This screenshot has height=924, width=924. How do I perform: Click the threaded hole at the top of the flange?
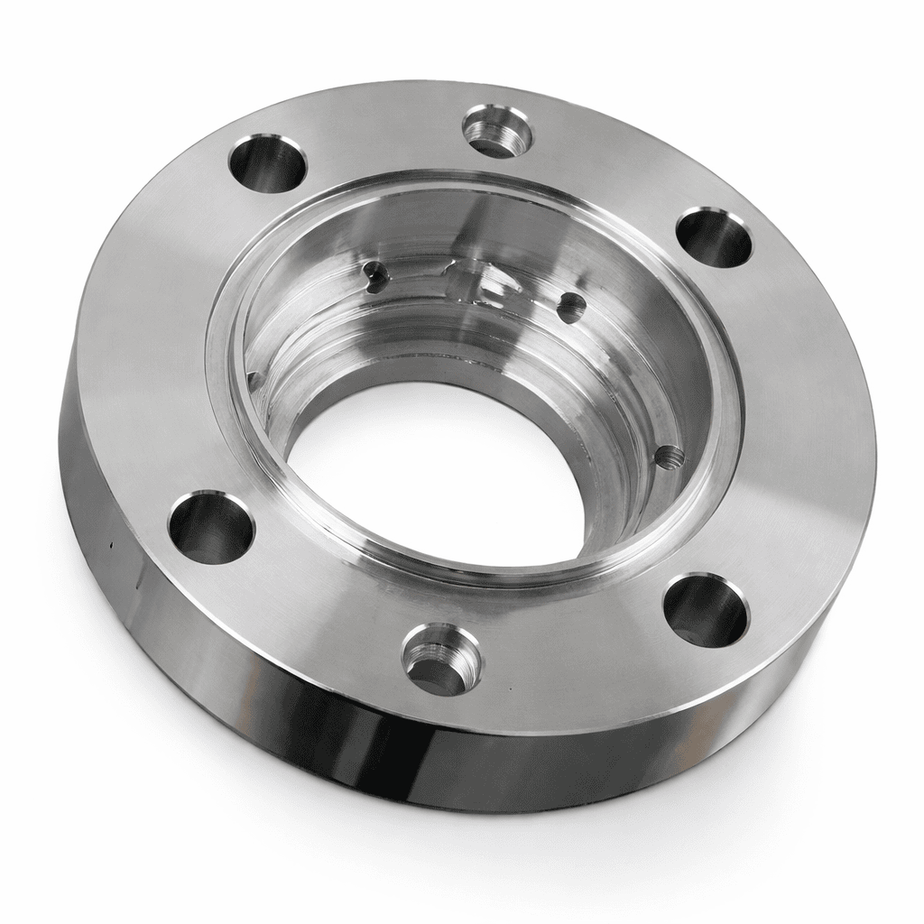coord(497,132)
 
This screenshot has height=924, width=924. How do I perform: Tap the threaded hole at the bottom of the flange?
coord(440,659)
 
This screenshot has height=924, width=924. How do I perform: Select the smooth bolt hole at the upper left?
coord(267,163)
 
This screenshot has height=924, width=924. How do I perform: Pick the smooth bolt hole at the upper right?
coord(714,237)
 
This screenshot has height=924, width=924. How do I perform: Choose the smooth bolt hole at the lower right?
coord(706,610)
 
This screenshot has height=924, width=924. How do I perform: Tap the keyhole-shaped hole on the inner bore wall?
coord(373,273)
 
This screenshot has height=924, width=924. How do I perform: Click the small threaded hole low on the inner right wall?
coord(669,457)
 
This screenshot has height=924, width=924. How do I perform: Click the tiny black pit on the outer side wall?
coord(109,545)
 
